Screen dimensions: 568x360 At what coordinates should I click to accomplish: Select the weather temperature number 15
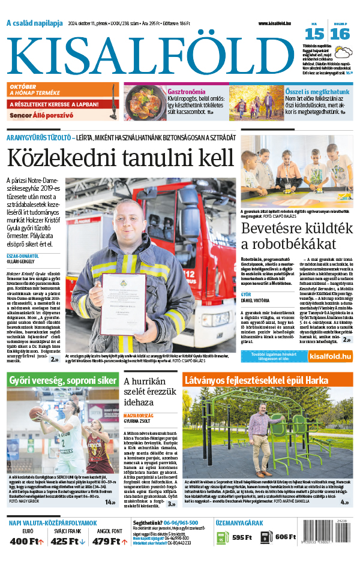coord(317,34)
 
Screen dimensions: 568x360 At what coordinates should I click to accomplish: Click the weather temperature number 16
coord(340,34)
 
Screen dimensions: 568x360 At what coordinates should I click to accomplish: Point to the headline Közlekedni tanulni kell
coord(119,158)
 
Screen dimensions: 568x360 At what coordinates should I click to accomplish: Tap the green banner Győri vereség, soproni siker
coord(62,380)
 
